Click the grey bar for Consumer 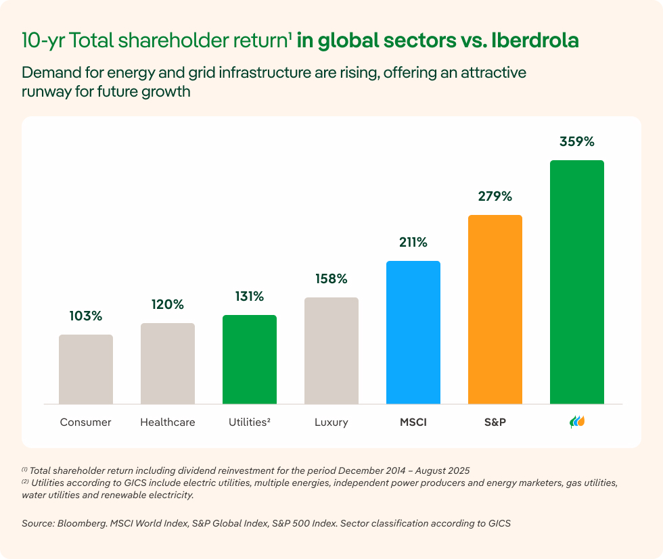86,369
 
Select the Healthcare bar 168,364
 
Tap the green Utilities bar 250,360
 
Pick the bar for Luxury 331,351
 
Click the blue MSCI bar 413,333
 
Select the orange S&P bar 495,310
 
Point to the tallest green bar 577,282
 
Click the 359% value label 577,142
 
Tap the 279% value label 495,197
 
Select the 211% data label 413,243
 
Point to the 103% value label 86,316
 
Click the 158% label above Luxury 331,278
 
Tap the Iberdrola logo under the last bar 577,422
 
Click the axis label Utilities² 250,422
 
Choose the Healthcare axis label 168,422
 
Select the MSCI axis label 413,422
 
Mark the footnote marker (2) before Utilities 25,483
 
